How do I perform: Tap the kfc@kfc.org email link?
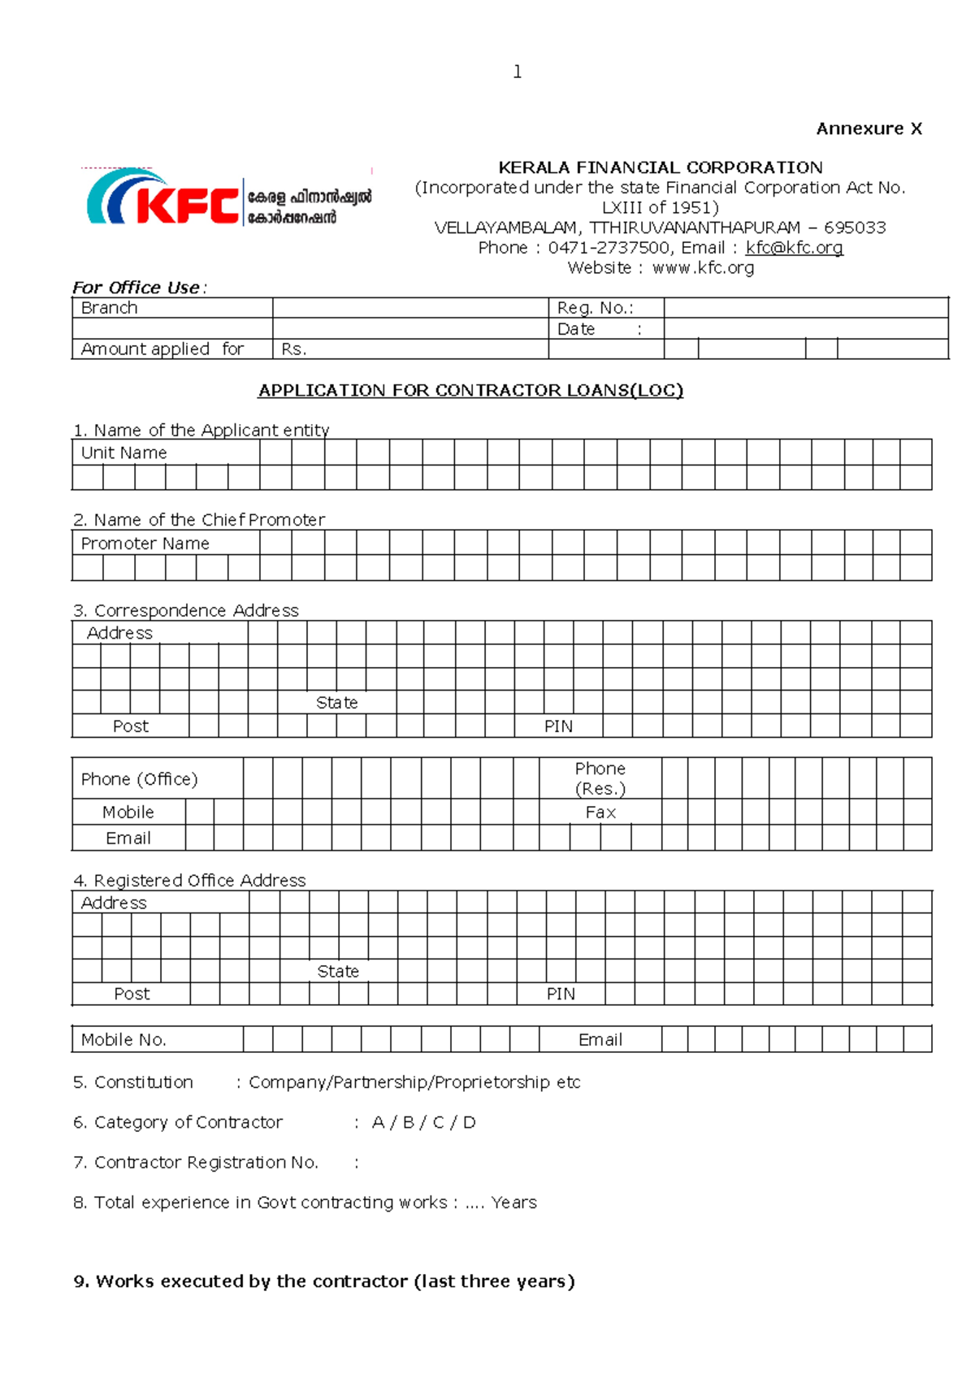pos(794,248)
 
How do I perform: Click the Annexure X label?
pos(869,128)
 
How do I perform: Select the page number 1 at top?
pos(518,72)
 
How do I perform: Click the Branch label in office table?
pos(110,308)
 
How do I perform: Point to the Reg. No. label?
pos(595,308)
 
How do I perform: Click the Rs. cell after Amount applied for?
pos(294,349)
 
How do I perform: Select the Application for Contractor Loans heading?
pos(470,390)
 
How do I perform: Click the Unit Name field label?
pos(123,453)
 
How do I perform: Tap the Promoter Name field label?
pos(145,544)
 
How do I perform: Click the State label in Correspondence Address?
pos(336,703)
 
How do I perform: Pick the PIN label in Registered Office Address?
pos(561,994)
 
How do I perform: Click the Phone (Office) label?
pos(139,779)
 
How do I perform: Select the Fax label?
pos(600,812)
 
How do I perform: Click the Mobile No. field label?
pos(123,1040)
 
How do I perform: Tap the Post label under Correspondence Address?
pos(131,726)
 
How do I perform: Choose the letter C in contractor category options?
pos(439,1123)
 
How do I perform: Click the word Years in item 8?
pos(513,1202)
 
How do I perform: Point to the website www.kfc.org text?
pos(703,268)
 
